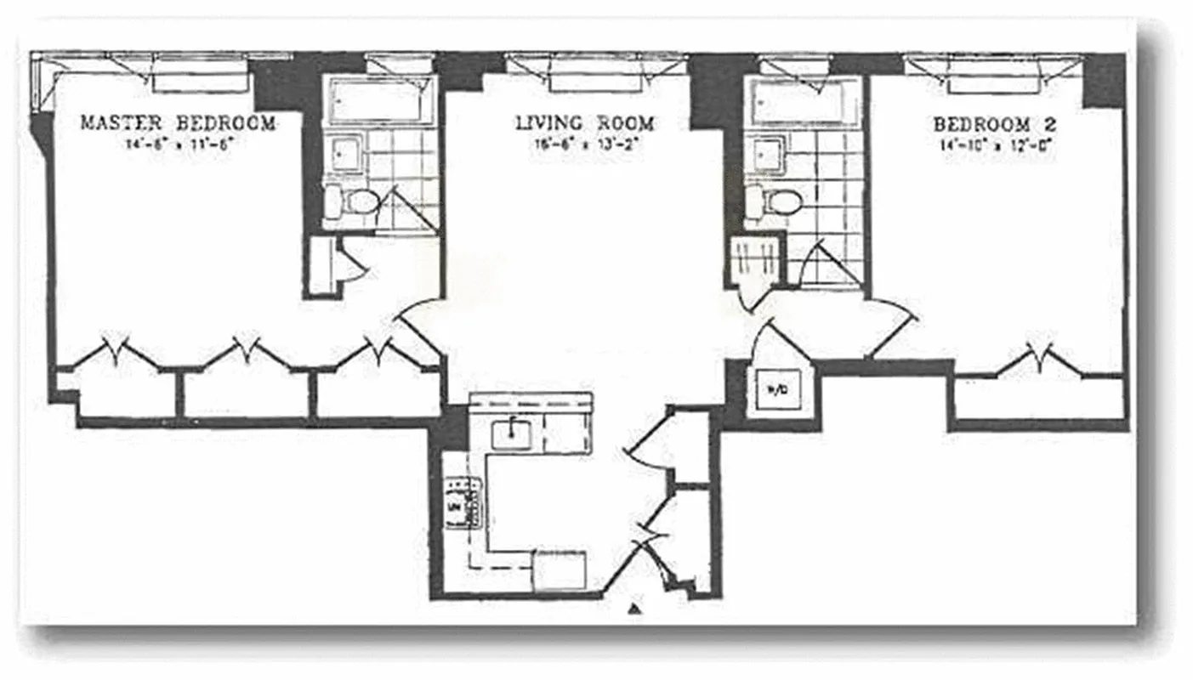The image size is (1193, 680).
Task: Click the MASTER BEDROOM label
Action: (x=178, y=123)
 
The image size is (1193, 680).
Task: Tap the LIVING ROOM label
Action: (x=585, y=122)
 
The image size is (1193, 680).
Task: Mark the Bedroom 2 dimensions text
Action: (x=994, y=144)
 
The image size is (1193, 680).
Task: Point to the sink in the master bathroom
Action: (x=344, y=154)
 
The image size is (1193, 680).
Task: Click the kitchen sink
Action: (x=511, y=433)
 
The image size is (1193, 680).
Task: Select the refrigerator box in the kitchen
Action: (x=559, y=570)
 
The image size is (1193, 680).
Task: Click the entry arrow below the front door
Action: (x=633, y=609)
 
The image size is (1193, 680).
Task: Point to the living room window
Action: (x=595, y=71)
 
